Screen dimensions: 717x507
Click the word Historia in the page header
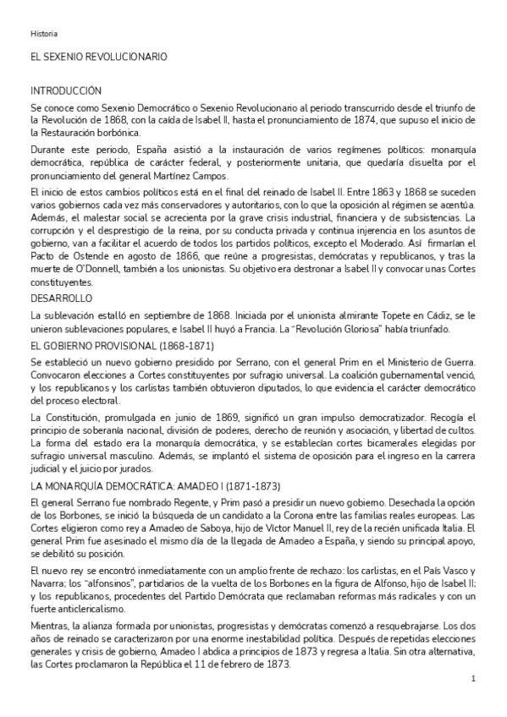(x=44, y=34)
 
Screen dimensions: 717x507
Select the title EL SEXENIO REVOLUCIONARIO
(x=98, y=56)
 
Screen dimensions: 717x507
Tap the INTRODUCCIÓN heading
(x=66, y=90)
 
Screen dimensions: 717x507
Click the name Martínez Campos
(x=200, y=175)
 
